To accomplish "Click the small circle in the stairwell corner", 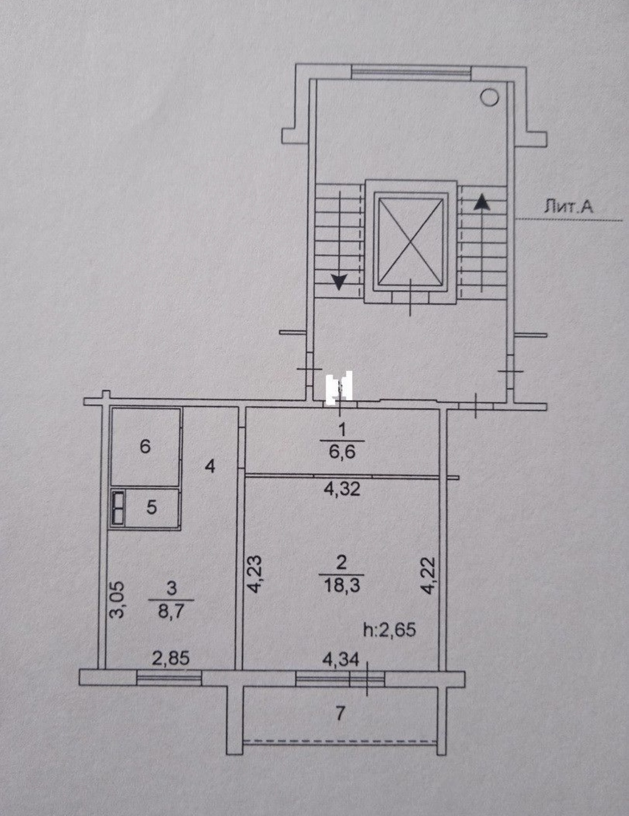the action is [x=489, y=98].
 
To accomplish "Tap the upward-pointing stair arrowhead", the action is [x=482, y=202].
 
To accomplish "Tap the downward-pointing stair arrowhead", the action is [x=339, y=281].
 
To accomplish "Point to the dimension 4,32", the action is [x=342, y=489].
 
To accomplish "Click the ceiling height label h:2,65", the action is [x=389, y=629].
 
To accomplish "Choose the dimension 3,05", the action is [x=118, y=600].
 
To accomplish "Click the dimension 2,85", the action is [x=171, y=658].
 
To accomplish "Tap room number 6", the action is [x=145, y=446].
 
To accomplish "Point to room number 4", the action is [x=210, y=466].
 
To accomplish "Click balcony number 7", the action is [x=340, y=713].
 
